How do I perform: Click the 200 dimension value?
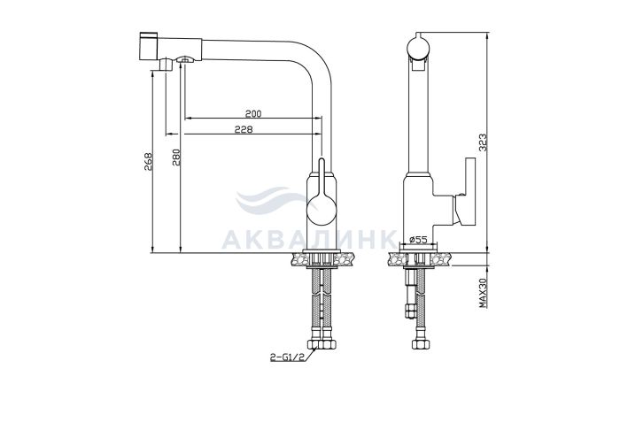click(x=253, y=114)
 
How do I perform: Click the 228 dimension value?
click(x=244, y=129)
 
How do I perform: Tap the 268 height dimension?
click(x=148, y=162)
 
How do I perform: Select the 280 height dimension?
click(x=176, y=157)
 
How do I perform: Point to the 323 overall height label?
click(x=484, y=142)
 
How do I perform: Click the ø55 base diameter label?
click(x=418, y=239)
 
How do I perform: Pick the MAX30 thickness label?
click(x=482, y=293)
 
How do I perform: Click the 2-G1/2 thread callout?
click(x=287, y=357)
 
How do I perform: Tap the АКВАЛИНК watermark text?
click(x=309, y=239)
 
